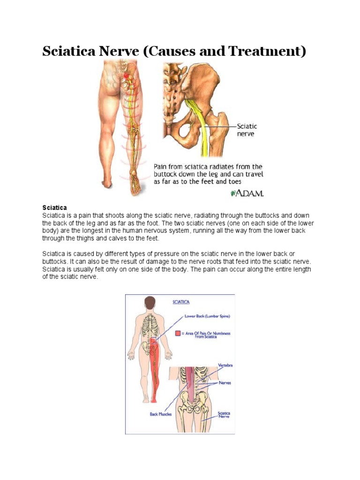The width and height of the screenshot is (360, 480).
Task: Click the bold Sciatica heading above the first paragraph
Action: point(55,207)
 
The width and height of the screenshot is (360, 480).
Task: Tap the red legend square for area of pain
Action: point(178,333)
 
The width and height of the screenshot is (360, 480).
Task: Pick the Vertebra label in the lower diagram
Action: point(225,365)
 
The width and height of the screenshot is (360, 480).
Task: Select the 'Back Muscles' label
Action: point(161,414)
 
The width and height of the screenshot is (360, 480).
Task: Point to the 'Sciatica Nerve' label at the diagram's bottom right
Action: point(224,415)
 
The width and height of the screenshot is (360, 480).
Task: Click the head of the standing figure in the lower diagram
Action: point(150,302)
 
